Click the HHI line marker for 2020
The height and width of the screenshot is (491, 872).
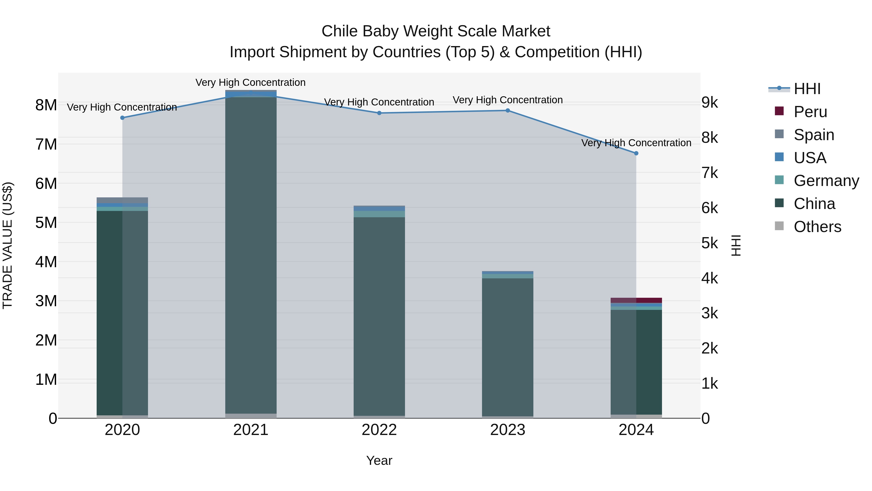point(123,118)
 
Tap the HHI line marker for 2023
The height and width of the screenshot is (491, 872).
point(507,111)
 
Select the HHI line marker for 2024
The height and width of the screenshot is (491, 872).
point(636,153)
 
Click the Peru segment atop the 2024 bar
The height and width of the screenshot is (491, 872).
point(636,300)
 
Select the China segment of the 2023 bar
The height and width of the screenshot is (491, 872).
point(507,346)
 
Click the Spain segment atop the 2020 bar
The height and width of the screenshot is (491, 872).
point(123,200)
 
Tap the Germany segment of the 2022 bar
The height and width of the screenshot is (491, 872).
point(379,214)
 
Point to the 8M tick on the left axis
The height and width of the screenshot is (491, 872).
point(46,105)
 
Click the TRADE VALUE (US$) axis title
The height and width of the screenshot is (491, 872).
point(8,245)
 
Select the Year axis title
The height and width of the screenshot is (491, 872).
point(379,460)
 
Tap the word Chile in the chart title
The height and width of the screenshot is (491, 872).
point(340,31)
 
